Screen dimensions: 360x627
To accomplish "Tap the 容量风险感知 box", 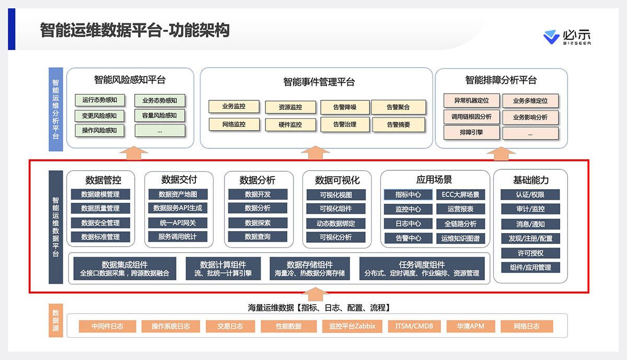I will click(x=159, y=115).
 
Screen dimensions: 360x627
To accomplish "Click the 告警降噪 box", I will click(x=345, y=107).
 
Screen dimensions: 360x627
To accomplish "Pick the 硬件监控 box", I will click(x=291, y=124).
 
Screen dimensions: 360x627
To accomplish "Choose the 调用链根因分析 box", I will click(x=472, y=117).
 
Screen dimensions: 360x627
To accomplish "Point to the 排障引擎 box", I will click(x=472, y=133).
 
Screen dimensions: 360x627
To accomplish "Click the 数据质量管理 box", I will click(x=100, y=208).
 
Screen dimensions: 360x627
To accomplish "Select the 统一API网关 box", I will click(x=177, y=223).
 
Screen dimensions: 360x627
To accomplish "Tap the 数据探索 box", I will click(x=258, y=223).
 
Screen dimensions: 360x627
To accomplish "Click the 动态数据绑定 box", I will click(x=337, y=223).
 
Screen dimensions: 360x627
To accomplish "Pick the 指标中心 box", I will click(x=408, y=195).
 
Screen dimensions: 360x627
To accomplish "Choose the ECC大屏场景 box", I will click(x=460, y=195).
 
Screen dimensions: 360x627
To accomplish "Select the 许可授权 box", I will click(x=530, y=253).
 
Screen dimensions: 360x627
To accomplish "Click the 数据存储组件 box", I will click(x=310, y=269).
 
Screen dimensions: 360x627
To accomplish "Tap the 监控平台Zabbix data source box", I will click(x=349, y=327).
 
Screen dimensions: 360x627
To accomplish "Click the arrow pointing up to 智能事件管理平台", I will click(x=315, y=152).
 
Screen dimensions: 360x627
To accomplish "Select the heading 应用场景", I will click(x=434, y=180).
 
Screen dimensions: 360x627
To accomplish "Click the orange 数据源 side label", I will click(x=55, y=320).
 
